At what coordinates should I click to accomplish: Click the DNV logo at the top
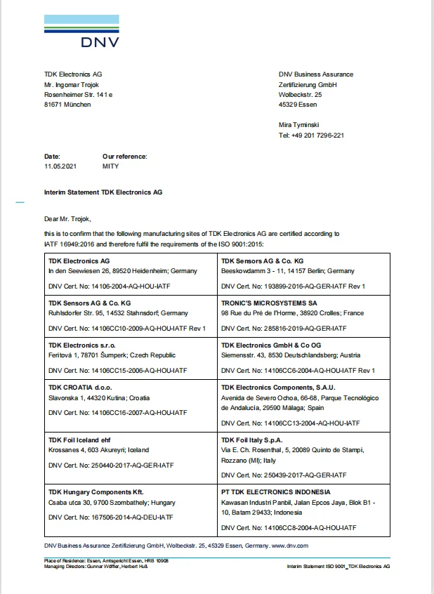[x=81, y=32]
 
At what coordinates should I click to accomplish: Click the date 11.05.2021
[x=59, y=166]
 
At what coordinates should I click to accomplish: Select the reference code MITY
[x=111, y=166]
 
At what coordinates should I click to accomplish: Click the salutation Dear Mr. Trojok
[x=67, y=218]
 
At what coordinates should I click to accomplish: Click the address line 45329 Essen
[x=298, y=105]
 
